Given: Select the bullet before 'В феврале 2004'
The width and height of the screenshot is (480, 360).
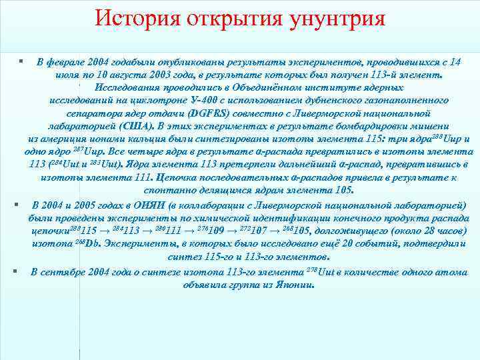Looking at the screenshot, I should click(x=22, y=61).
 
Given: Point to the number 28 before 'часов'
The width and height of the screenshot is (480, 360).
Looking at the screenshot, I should click(x=411, y=230).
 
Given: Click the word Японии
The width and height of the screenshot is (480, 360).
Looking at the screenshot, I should click(x=291, y=285).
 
